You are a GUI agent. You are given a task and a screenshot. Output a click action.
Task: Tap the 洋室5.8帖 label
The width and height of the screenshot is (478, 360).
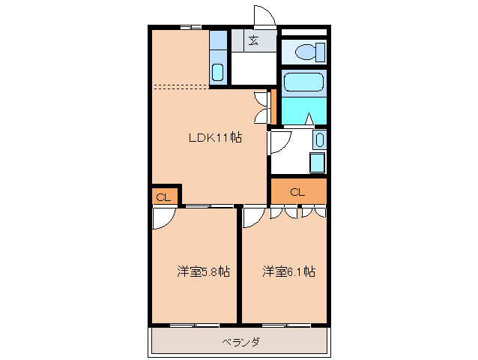click(203, 271)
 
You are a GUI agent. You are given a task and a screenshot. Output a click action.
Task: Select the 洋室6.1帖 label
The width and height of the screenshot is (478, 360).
click(288, 271)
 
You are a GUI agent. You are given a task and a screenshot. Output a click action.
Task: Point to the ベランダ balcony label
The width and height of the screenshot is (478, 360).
click(240, 342)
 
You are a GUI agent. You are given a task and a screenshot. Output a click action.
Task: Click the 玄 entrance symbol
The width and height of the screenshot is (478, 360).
click(254, 41)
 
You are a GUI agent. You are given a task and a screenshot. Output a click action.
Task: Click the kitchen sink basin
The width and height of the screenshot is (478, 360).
click(217, 73)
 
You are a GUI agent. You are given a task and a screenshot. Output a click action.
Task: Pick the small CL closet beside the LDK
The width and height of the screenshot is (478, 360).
click(164, 197)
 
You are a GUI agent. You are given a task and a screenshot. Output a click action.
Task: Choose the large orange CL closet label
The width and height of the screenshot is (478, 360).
click(297, 192)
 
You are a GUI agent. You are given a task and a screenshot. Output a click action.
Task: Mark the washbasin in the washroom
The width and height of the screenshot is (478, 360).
click(319, 139)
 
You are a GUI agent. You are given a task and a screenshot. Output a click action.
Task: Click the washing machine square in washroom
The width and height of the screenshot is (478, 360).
click(317, 163)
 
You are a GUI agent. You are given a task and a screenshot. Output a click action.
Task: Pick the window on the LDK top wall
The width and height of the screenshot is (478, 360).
click(190, 28)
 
